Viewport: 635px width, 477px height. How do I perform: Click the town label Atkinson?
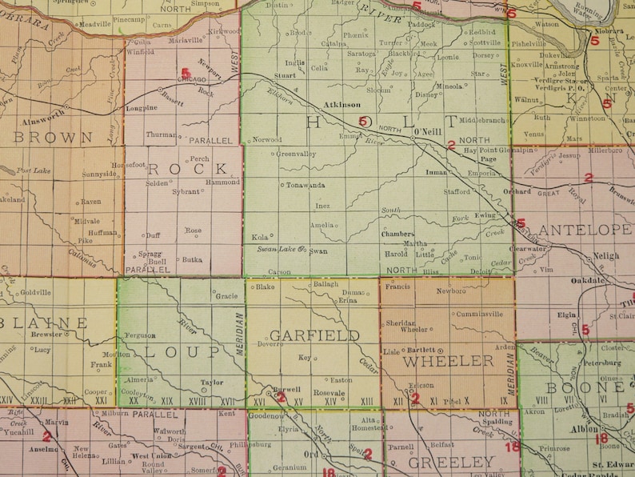pos(342,104)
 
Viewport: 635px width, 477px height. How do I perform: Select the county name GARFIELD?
pos(314,335)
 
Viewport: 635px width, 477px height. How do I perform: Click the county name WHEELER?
pos(448,360)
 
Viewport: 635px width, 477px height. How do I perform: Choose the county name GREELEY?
pos(453,462)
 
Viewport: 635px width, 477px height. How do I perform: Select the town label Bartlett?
pos(421,351)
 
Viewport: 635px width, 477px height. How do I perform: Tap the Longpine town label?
pos(142,107)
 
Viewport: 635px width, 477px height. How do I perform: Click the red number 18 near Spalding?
pos(512,447)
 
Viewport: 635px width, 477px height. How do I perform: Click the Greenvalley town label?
pos(298,155)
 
